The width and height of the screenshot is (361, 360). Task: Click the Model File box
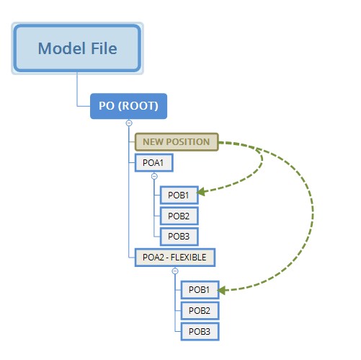(77, 49)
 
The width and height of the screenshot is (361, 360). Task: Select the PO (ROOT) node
(129, 106)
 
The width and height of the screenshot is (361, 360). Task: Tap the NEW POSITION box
(176, 142)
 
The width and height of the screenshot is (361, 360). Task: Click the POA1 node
(153, 163)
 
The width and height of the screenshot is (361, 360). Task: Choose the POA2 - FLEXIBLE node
(174, 256)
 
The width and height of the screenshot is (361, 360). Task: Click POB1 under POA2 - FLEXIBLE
(199, 289)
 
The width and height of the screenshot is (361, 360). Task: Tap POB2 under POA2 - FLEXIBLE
(199, 310)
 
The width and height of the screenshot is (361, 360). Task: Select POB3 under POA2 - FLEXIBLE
(199, 330)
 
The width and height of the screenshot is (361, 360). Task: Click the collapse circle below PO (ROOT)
(129, 123)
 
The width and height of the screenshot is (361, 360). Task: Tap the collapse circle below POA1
(153, 176)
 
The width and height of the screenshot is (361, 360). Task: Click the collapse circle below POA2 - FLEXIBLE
(174, 271)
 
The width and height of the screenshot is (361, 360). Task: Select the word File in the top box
(101, 49)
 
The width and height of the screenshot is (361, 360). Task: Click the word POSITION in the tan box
(189, 142)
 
